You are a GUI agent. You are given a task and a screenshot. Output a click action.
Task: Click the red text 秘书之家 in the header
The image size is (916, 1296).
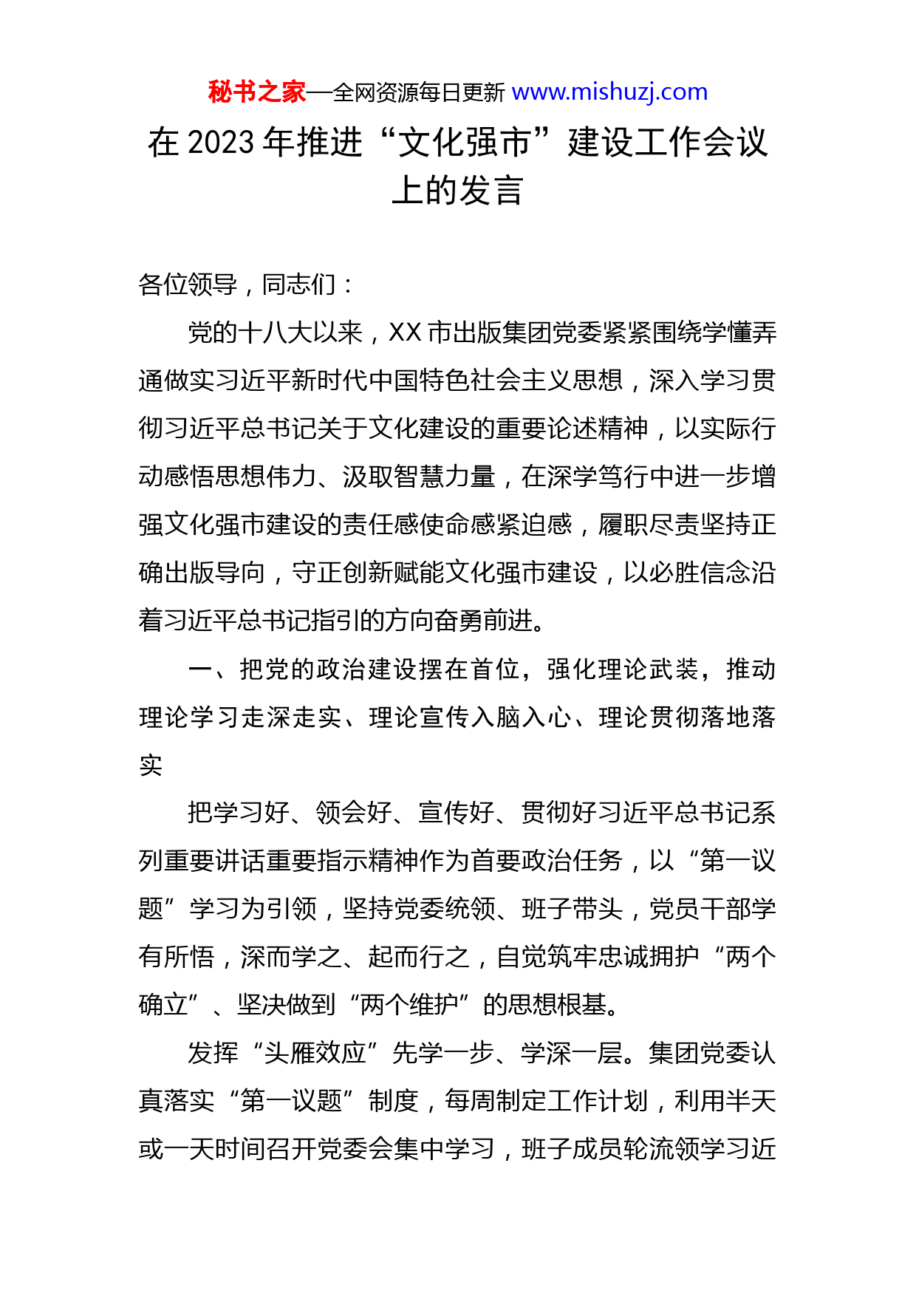click(256, 92)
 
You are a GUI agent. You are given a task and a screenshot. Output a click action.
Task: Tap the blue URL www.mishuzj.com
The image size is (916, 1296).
click(609, 92)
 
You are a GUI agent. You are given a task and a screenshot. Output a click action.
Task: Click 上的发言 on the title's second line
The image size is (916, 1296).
click(457, 191)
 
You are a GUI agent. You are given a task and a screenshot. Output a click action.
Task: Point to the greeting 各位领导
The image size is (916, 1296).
click(188, 284)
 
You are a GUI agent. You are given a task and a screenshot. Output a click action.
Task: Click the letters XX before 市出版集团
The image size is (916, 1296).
click(405, 333)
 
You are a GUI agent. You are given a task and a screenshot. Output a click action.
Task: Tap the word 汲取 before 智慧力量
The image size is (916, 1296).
click(368, 477)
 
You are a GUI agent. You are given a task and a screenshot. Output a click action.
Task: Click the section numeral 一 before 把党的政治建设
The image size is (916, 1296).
click(201, 669)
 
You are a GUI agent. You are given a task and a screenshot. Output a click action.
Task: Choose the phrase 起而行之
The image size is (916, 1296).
click(419, 957)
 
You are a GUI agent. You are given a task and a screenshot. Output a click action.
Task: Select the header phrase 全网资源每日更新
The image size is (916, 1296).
click(419, 93)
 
